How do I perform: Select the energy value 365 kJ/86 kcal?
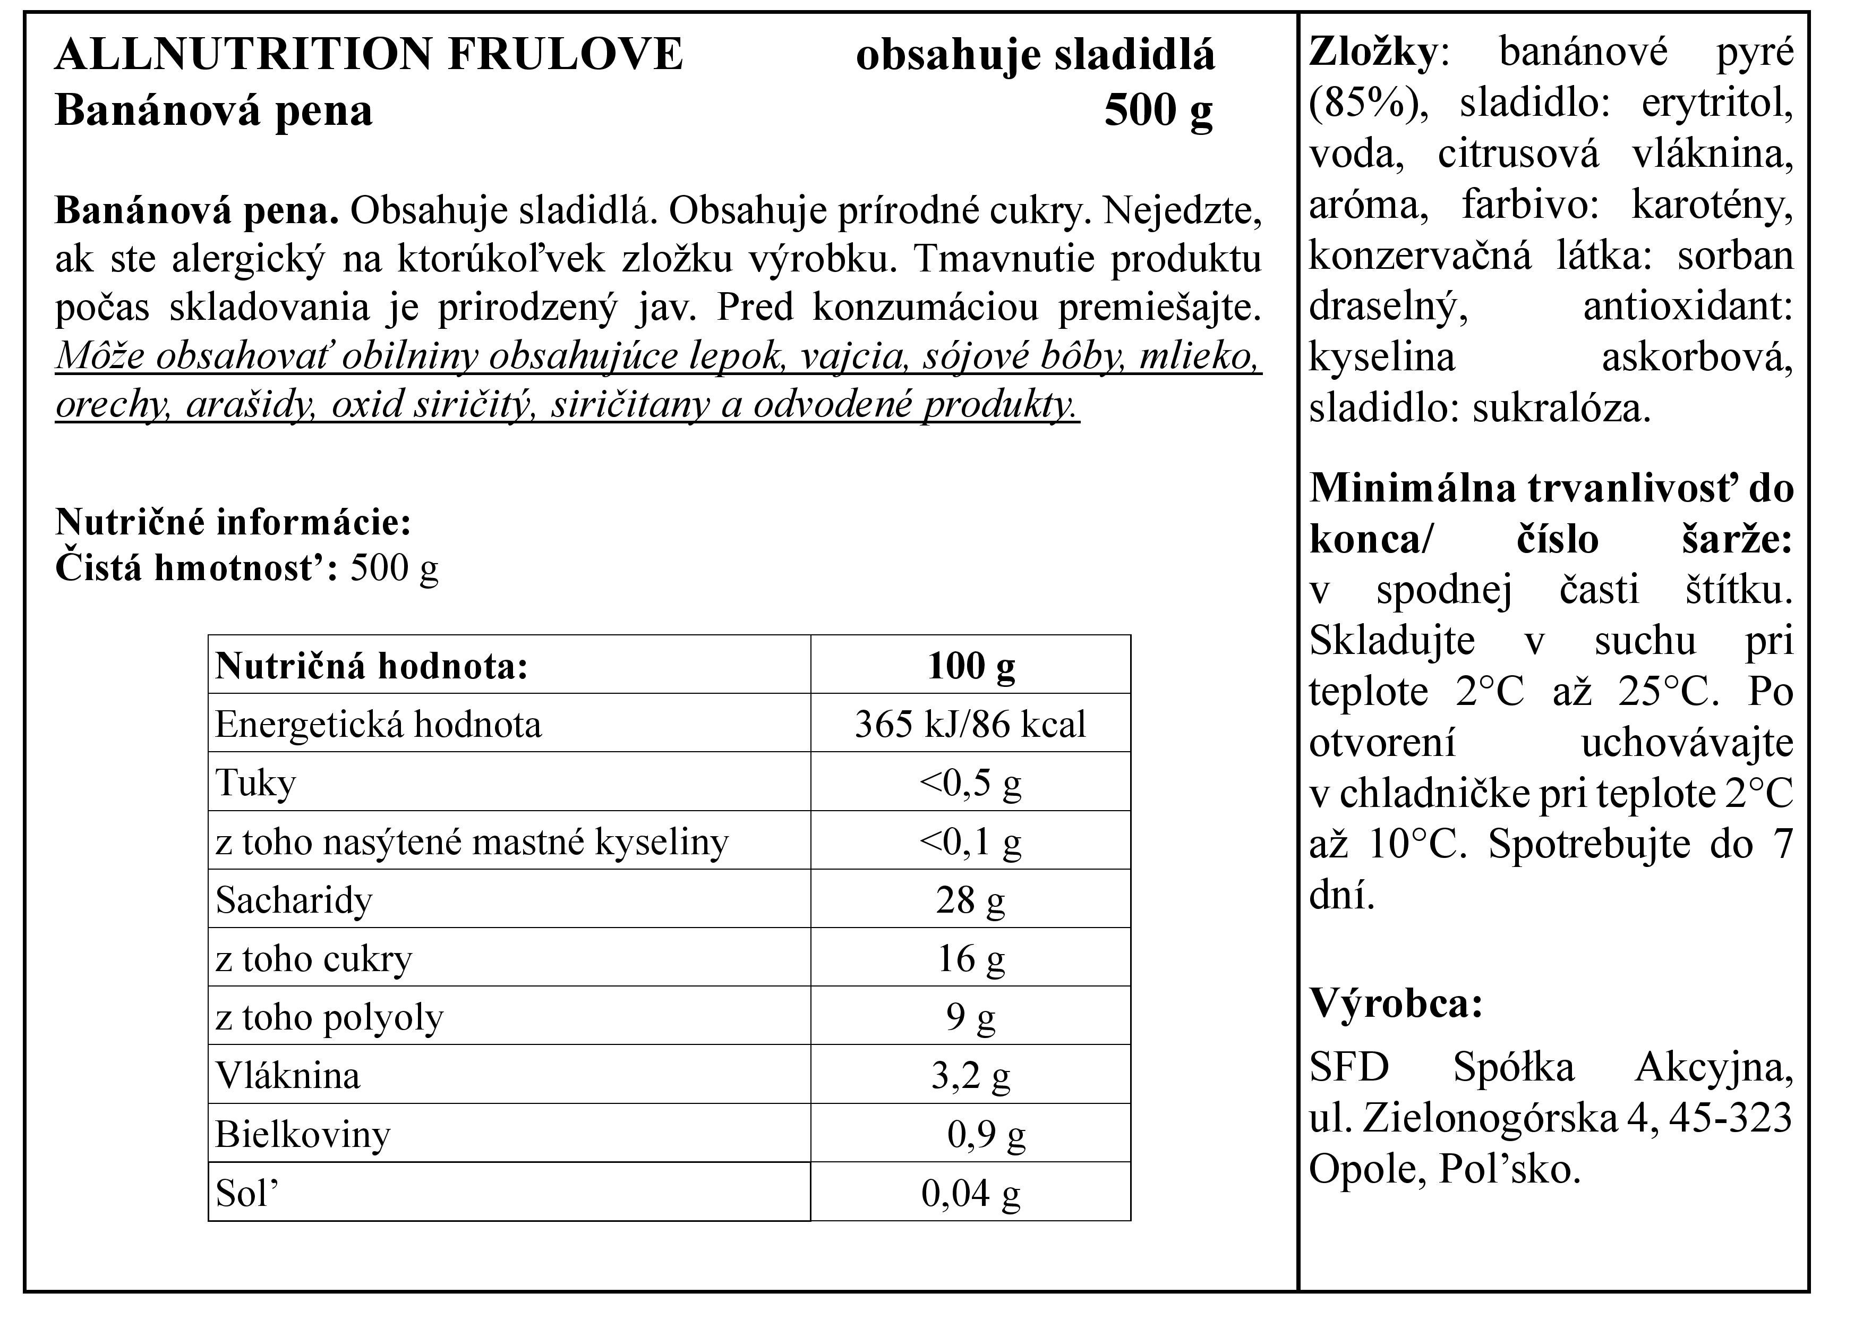click(970, 724)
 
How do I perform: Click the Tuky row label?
click(255, 783)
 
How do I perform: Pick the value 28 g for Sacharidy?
click(970, 900)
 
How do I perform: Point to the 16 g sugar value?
click(970, 958)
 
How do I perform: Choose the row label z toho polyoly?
click(329, 1017)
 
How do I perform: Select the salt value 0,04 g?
click(970, 1193)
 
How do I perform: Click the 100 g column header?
click(970, 666)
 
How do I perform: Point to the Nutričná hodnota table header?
click(372, 666)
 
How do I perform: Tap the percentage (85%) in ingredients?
click(1367, 104)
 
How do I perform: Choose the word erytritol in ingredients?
click(1716, 104)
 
